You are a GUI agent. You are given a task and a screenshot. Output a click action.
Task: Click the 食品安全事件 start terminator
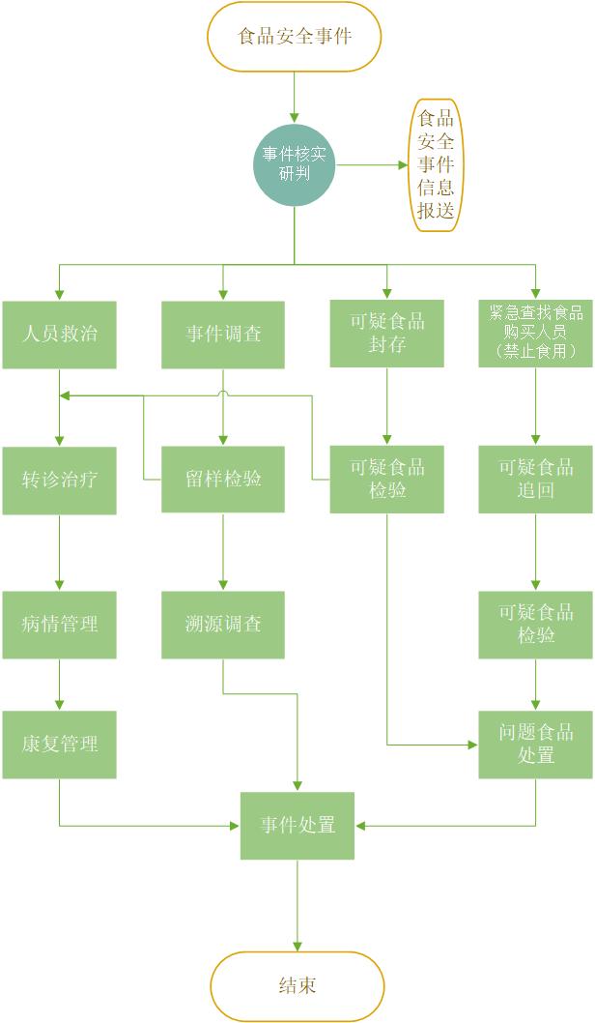pyautogui.click(x=295, y=37)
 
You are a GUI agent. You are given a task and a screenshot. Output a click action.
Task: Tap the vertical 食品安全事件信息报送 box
pyautogui.click(x=436, y=164)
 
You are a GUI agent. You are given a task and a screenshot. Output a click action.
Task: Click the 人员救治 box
pyautogui.click(x=59, y=335)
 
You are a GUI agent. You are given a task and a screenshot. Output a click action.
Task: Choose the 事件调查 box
pyautogui.click(x=223, y=335)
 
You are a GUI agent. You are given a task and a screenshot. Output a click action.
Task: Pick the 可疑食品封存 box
pyautogui.click(x=387, y=334)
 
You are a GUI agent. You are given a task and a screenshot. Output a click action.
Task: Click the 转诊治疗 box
pyautogui.click(x=59, y=480)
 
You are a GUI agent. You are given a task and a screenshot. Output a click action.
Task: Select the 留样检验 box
pyautogui.click(x=223, y=479)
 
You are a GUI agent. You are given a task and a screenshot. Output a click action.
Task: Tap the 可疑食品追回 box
pyautogui.click(x=536, y=479)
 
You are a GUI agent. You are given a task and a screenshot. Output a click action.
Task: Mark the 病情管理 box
pyautogui.click(x=59, y=625)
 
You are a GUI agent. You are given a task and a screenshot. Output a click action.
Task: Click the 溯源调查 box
pyautogui.click(x=223, y=625)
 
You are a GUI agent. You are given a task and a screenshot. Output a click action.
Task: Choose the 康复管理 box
pyautogui.click(x=59, y=745)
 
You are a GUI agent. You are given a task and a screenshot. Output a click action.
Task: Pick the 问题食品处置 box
pyautogui.click(x=536, y=745)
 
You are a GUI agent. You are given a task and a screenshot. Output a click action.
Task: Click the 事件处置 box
pyautogui.click(x=297, y=826)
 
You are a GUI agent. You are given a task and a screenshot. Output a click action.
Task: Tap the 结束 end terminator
pyautogui.click(x=297, y=986)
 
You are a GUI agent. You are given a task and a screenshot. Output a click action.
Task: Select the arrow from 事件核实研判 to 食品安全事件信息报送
pyautogui.click(x=373, y=164)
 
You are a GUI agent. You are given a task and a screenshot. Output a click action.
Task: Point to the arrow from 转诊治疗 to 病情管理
pyautogui.click(x=59, y=552)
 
